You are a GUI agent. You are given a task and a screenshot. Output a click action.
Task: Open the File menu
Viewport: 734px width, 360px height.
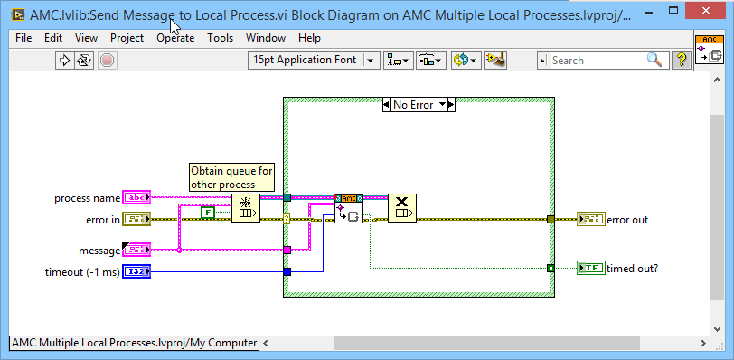(24, 38)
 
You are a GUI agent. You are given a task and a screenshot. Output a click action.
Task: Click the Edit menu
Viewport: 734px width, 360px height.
(53, 38)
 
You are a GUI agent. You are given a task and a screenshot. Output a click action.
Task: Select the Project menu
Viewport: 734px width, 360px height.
(127, 38)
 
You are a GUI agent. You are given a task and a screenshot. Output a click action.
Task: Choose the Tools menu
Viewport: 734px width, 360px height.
(220, 38)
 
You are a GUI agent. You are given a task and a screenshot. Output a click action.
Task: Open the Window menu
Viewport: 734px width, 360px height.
(265, 38)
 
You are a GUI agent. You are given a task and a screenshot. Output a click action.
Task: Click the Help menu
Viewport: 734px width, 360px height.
(309, 38)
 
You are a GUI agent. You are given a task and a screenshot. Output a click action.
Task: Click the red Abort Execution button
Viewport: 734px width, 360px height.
(107, 61)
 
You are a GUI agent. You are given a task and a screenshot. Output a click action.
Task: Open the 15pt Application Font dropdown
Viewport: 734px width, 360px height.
(314, 61)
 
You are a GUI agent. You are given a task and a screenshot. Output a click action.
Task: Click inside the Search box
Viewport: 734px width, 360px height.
(597, 61)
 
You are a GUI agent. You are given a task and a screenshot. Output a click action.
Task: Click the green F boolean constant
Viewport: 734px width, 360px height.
(207, 213)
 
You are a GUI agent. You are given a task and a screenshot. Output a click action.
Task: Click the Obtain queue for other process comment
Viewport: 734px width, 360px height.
(231, 177)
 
